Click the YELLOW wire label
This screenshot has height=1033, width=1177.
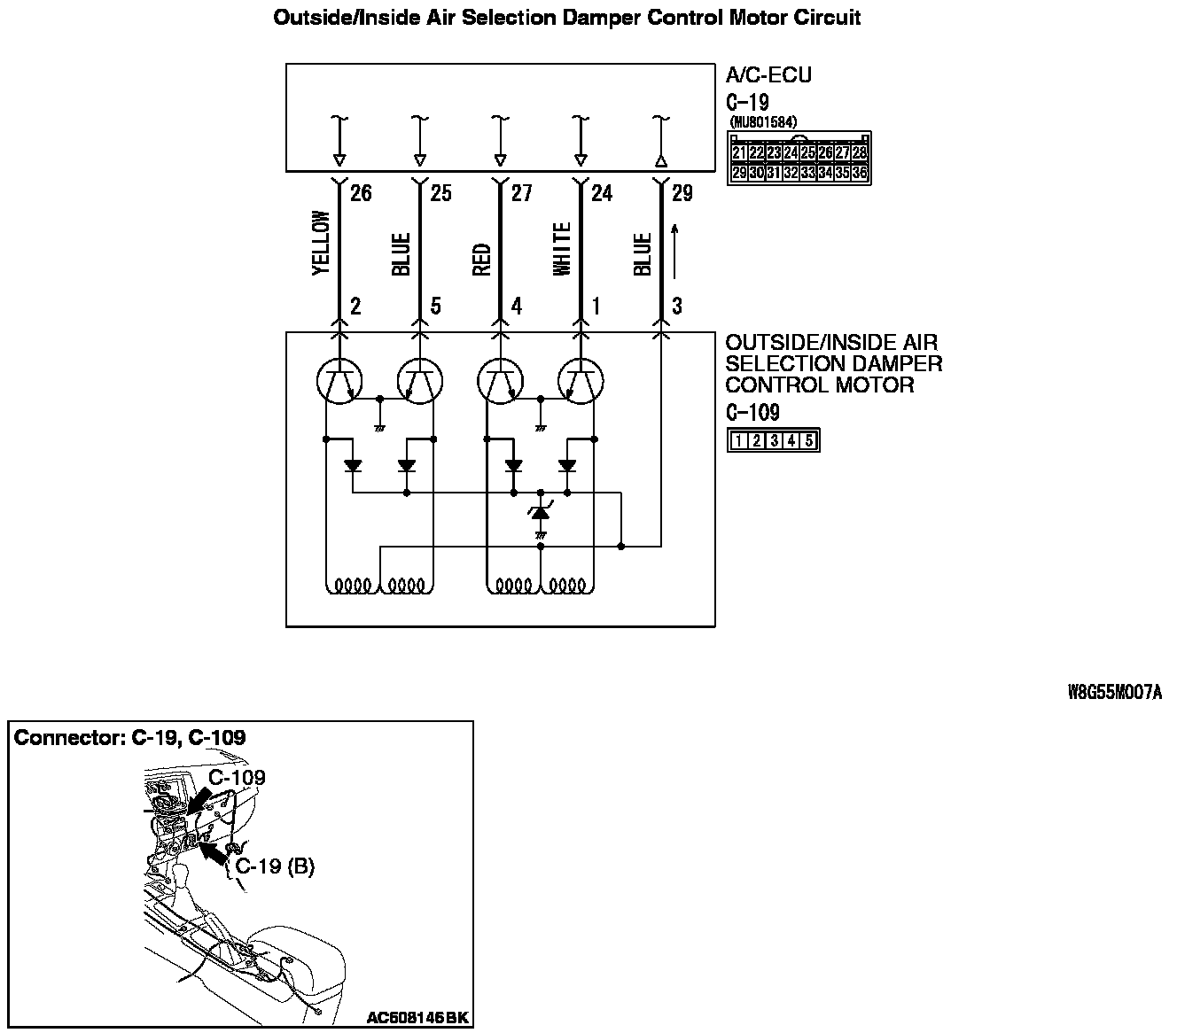click(x=321, y=244)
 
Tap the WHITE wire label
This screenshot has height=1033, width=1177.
click(x=562, y=249)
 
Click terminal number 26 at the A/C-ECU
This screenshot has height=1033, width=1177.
click(x=361, y=193)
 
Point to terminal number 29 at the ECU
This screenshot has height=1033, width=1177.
click(x=682, y=193)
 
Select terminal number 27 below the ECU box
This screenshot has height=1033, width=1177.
click(x=521, y=193)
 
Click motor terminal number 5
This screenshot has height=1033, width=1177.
click(x=436, y=307)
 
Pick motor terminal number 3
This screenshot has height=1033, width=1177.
click(x=677, y=307)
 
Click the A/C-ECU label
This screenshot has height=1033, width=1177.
click(x=768, y=75)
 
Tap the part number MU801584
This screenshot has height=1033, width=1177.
click(x=762, y=121)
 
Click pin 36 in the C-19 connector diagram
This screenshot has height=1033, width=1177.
click(x=859, y=174)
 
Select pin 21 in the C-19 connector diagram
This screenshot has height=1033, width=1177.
click(x=739, y=152)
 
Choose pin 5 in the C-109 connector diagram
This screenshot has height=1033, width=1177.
click(x=808, y=440)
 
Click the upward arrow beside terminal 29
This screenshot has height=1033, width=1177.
click(x=674, y=250)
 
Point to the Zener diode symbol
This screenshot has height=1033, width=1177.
click(x=541, y=511)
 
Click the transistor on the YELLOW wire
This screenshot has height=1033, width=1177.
click(x=339, y=381)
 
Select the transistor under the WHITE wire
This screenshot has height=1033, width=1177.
click(x=581, y=381)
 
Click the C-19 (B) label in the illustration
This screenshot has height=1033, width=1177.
click(x=275, y=866)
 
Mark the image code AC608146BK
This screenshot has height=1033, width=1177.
click(x=417, y=1018)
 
